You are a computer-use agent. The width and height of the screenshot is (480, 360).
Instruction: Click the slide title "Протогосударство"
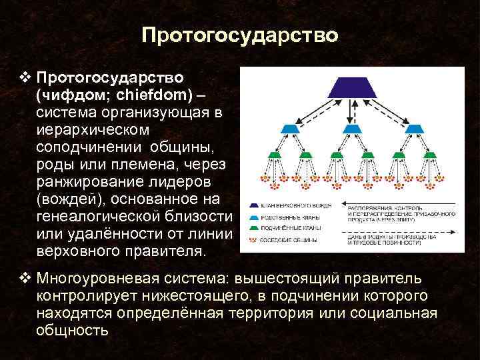point(240,35)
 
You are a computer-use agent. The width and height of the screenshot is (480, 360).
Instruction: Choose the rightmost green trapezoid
point(431,155)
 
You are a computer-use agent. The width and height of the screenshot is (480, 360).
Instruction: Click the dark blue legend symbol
point(256,206)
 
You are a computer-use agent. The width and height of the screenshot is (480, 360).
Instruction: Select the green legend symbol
point(256,227)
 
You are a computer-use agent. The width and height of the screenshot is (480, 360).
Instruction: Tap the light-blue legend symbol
point(256,217)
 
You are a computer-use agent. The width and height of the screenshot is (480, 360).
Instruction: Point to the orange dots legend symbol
point(256,237)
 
